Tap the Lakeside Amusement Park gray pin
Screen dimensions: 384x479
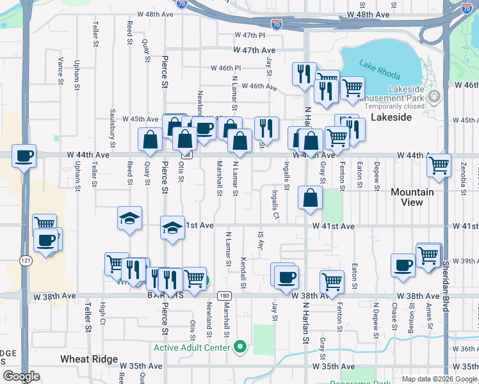pyautogui.click(x=435, y=96)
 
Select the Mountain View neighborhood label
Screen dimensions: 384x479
pyautogui.click(x=412, y=197)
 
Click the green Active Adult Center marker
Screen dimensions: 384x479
pyautogui.click(x=240, y=348)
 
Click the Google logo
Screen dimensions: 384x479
pyautogui.click(x=21, y=376)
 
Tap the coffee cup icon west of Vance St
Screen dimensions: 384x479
pyautogui.click(x=24, y=156)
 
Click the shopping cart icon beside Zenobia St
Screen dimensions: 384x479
pyautogui.click(x=439, y=165)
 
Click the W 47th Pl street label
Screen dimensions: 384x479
pyautogui.click(x=250, y=35)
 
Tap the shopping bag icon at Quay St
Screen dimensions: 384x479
pyautogui.click(x=150, y=140)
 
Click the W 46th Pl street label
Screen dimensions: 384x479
pyautogui.click(x=226, y=68)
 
